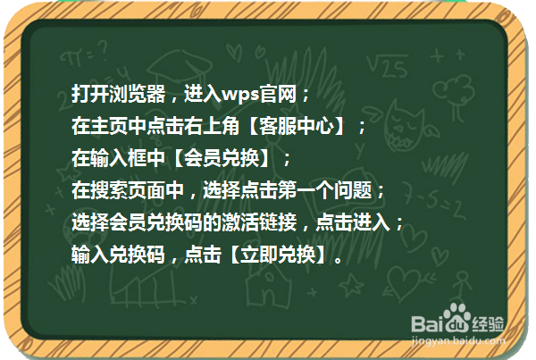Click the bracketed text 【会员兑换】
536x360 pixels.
[x=224, y=158]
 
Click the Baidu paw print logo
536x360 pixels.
[x=458, y=318]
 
